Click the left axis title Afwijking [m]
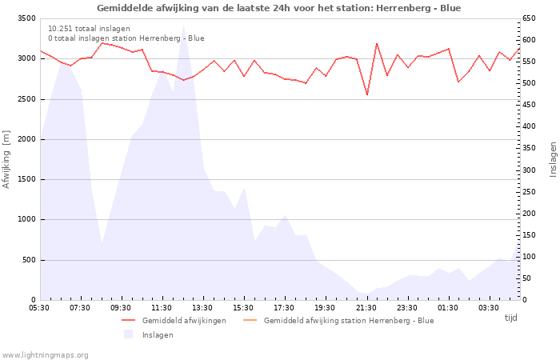coord(7,159)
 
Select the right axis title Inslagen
coord(552,159)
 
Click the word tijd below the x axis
coord(511,318)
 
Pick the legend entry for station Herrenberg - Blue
coord(348,321)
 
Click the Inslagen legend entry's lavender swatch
coord(128,334)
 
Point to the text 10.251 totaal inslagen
coord(89,28)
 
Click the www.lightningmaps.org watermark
coord(45,354)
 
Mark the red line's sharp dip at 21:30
coord(366,94)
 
